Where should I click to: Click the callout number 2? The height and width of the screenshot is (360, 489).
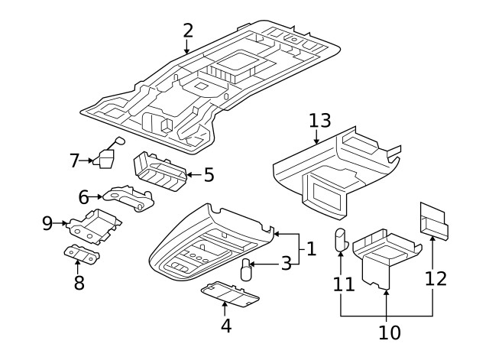[187, 31]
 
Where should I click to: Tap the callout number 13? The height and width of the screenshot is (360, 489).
[319, 121]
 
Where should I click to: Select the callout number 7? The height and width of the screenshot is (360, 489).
[74, 161]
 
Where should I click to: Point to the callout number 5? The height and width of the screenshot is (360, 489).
[208, 175]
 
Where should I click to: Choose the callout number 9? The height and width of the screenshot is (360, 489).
[47, 223]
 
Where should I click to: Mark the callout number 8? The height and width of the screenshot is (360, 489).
[78, 284]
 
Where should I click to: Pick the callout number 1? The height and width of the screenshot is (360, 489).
[311, 248]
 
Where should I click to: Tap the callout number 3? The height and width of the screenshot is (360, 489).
[285, 264]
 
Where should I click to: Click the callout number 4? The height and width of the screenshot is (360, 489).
[225, 325]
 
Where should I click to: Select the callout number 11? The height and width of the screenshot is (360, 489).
[344, 284]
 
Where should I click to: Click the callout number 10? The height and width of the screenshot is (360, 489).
[389, 332]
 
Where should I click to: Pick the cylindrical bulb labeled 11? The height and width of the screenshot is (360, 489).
[340, 239]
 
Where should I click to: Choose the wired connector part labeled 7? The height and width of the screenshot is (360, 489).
[105, 158]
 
